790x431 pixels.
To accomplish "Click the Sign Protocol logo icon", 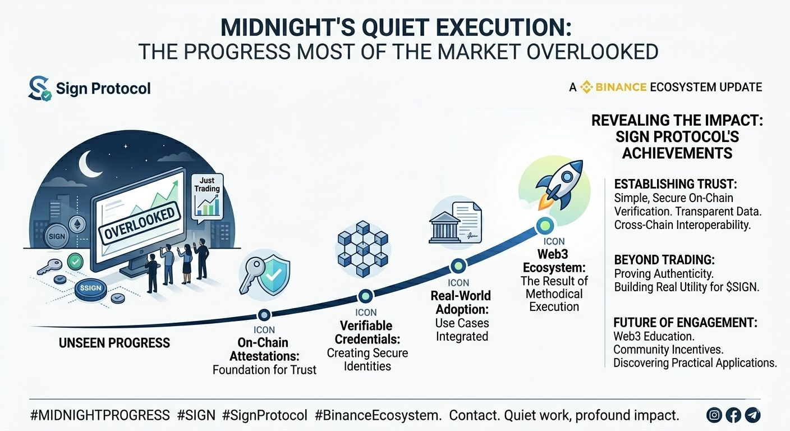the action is pos(39,88).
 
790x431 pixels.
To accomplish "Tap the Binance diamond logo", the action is pos(586,87).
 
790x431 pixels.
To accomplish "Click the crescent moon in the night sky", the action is pos(89,164).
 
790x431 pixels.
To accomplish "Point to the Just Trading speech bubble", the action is pos(208,198).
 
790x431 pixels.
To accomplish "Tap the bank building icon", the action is pos(444,227).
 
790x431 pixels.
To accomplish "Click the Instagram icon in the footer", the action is pos(714,415).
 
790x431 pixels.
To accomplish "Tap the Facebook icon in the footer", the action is pos(733,415).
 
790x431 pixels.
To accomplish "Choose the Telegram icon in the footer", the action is pos(752,415).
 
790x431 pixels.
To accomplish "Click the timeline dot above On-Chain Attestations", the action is pos(264,315).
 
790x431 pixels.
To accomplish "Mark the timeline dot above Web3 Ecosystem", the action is pos(545,225).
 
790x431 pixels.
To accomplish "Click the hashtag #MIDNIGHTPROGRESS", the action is pos(100,415).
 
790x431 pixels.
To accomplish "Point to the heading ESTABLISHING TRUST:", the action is pos(676,184).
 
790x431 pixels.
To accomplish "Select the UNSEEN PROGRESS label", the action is pos(114,343).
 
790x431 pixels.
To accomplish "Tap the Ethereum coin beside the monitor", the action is pos(77,224).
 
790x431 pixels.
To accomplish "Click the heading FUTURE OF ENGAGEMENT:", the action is pos(685,322).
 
